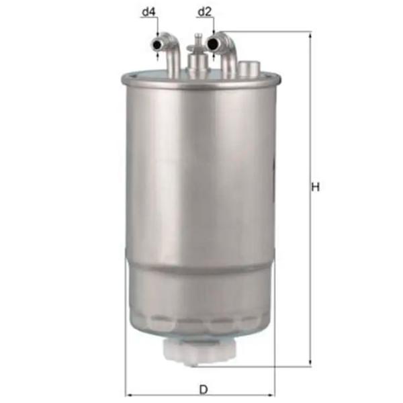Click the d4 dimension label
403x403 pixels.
(149, 11)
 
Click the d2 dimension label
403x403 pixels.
(204, 11)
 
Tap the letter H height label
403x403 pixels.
(316, 187)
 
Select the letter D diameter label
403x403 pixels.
(204, 390)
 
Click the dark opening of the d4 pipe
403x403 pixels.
(156, 45)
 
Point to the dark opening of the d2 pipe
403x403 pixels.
(212, 44)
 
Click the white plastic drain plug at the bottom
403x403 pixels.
(199, 351)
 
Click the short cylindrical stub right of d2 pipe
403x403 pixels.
(249, 68)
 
